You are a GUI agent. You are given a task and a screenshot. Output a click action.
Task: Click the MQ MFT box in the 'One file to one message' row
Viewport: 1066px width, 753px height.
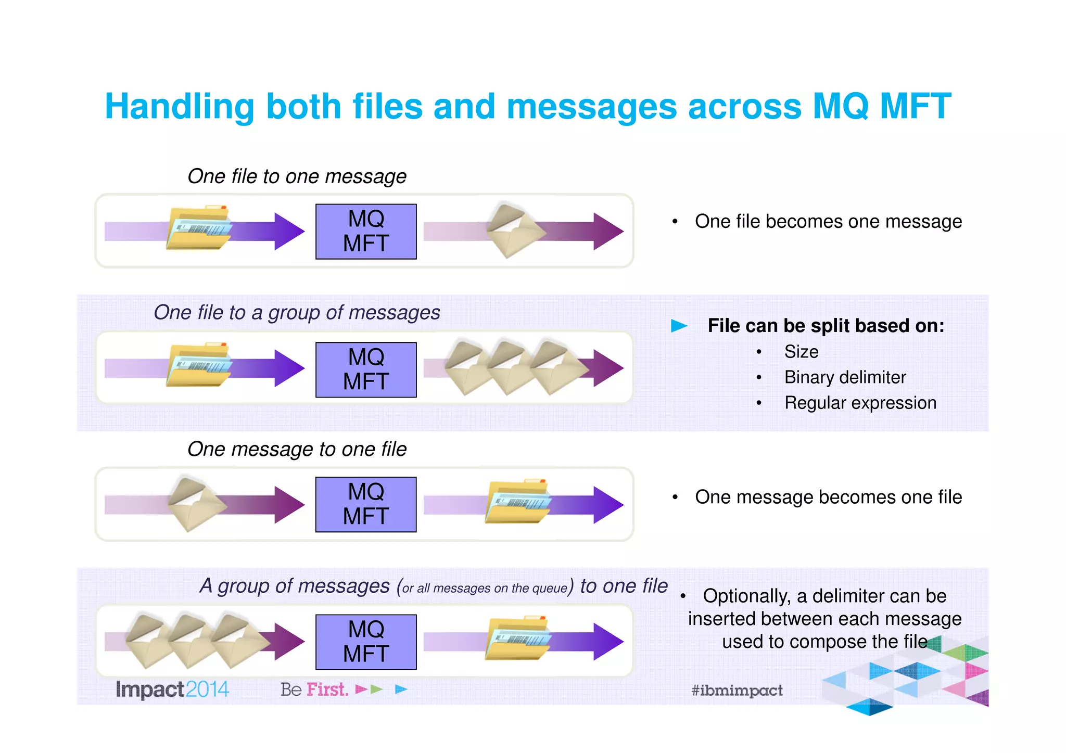coord(366,232)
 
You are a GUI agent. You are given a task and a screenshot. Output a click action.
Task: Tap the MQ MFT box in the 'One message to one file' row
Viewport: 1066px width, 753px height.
coord(366,504)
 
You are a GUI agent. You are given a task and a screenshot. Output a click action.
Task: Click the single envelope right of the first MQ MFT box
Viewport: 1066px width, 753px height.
coord(513,231)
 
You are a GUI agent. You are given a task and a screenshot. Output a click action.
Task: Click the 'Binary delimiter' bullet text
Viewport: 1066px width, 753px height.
coord(845,377)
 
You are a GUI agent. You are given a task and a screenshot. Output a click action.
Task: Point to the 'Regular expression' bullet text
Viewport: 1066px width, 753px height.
coord(860,403)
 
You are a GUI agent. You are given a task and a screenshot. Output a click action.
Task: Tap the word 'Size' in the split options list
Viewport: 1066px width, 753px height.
coord(801,352)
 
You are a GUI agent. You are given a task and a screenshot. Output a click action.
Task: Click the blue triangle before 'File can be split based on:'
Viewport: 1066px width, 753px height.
coord(679,326)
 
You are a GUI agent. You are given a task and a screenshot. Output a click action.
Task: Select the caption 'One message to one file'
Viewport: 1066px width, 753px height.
coord(297,449)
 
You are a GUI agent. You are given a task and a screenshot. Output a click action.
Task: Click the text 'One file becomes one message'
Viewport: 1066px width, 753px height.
coord(828,222)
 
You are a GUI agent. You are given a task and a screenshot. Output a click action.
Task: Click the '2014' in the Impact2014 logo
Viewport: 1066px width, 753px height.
coord(207,690)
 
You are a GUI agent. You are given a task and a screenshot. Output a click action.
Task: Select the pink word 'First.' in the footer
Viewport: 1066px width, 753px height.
coord(327,690)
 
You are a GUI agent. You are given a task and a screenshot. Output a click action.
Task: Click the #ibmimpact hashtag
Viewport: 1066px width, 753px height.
coord(737,691)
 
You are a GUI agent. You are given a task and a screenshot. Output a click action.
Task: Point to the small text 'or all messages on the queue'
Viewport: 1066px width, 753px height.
coord(484,589)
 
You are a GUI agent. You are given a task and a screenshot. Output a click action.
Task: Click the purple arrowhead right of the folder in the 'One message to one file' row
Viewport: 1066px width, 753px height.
coord(607,504)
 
